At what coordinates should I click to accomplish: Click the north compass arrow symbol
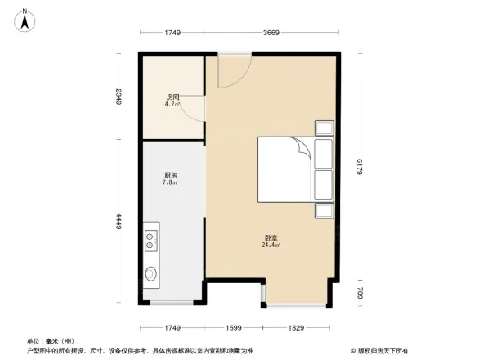tap(25, 19)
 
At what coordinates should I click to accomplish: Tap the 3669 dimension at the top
tap(272, 33)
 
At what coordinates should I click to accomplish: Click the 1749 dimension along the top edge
tap(171, 33)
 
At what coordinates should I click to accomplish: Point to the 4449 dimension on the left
tap(119, 222)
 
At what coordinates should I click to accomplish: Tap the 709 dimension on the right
tap(359, 291)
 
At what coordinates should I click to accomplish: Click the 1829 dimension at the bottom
tap(296, 327)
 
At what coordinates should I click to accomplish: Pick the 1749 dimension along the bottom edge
tap(171, 327)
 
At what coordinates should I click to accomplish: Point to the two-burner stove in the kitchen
tap(151, 241)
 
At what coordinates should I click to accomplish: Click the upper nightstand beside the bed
tap(324, 128)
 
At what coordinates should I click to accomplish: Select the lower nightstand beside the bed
tap(324, 211)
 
